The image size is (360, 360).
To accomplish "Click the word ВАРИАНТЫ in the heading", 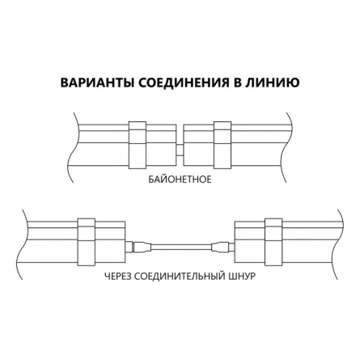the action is (x=96, y=83).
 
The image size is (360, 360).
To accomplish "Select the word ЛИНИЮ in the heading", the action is (x=272, y=83).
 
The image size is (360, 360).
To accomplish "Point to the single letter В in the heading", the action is (x=236, y=83).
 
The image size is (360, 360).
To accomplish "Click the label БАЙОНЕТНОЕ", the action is (x=180, y=180).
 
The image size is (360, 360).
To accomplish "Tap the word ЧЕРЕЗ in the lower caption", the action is (x=117, y=277).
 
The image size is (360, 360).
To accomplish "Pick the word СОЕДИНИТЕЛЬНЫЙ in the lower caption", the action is (x=179, y=277).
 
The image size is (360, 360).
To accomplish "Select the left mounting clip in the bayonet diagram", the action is (x=138, y=145).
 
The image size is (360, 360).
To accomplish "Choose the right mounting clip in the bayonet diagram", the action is (x=222, y=145).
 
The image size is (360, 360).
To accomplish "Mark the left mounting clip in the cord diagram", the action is (x=87, y=242).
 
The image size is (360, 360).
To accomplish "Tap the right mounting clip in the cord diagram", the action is (x=273, y=242).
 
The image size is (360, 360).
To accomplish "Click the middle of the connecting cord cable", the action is (x=182, y=248).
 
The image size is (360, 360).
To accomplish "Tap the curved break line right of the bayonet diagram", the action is (x=288, y=147).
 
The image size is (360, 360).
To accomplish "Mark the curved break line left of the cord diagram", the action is (x=23, y=244).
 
